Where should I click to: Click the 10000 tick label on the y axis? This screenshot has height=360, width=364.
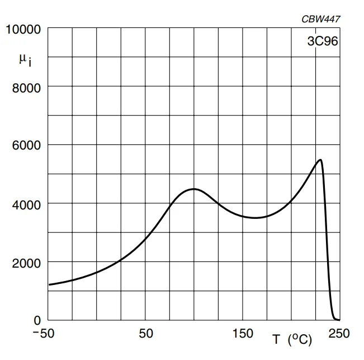(23, 29)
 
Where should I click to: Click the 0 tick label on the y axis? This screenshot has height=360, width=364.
(37, 321)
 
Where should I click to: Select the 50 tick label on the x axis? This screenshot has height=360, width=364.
(145, 334)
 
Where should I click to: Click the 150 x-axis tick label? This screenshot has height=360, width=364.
(243, 334)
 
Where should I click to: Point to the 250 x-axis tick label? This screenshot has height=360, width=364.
(338, 334)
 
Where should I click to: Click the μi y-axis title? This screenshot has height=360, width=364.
(25, 59)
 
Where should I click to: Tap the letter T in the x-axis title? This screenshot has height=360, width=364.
(276, 339)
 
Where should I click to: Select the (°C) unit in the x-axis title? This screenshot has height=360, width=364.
(300, 339)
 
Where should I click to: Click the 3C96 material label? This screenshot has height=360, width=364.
(322, 41)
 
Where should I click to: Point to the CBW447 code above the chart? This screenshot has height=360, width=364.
(320, 19)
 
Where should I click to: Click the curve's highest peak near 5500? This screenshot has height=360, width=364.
(320, 160)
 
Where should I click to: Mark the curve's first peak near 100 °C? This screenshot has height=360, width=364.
(193, 189)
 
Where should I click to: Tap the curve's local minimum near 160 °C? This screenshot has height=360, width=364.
(255, 218)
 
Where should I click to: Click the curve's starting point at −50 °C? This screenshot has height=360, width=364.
(49, 285)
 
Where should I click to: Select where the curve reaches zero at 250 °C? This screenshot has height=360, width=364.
(338, 320)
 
